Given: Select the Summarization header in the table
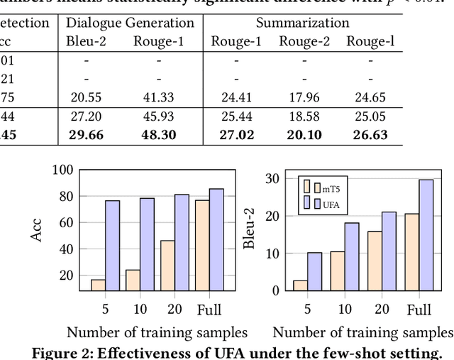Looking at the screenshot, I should [302, 23].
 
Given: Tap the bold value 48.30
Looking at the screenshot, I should [158, 135].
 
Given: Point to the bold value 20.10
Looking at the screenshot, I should [304, 135].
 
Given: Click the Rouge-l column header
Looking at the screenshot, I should [370, 41].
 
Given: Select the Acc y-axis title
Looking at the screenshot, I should [38, 229].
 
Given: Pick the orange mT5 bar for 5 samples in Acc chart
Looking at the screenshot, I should [98, 285].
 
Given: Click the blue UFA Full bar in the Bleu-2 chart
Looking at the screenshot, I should [426, 234].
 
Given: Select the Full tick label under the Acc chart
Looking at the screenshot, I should [209, 310].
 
